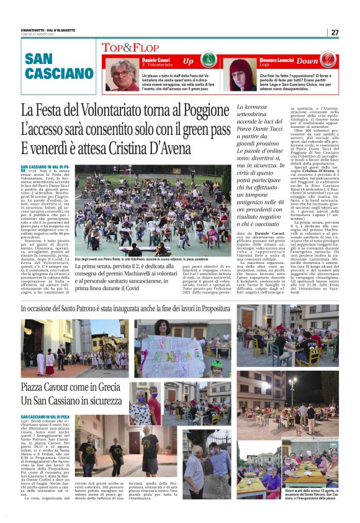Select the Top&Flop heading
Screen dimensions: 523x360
(132, 47)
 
